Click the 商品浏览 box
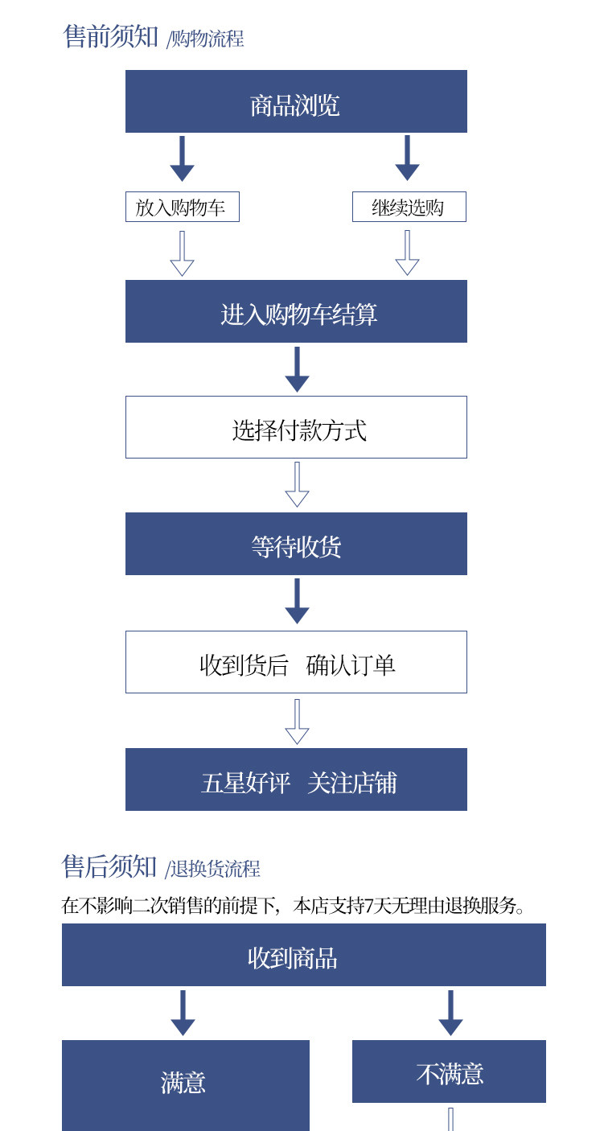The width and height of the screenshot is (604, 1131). [x=296, y=101]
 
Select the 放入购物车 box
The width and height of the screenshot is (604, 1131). [x=183, y=207]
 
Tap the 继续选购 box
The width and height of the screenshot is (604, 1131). [x=409, y=207]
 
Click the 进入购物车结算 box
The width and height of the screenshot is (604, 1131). [x=296, y=311]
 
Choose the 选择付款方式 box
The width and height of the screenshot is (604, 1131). [x=296, y=427]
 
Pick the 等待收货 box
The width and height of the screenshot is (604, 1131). [x=296, y=544]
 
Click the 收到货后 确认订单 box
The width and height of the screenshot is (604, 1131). [x=296, y=662]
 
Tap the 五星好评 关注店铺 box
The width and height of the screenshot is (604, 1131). [x=296, y=779]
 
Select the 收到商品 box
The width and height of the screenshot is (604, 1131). [x=303, y=955]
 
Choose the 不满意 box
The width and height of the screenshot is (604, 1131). [x=449, y=1071]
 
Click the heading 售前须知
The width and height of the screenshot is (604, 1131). [x=111, y=36]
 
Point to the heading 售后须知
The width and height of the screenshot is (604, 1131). [x=109, y=866]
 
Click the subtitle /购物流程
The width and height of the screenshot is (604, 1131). [x=205, y=39]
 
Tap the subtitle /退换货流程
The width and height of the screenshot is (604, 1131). [x=213, y=869]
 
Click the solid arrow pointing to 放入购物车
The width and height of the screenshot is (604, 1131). [x=183, y=158]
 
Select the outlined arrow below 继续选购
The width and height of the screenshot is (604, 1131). [x=408, y=253]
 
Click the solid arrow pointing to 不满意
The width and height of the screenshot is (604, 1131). [x=450, y=1013]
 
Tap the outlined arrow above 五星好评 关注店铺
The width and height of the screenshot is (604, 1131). [x=297, y=722]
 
